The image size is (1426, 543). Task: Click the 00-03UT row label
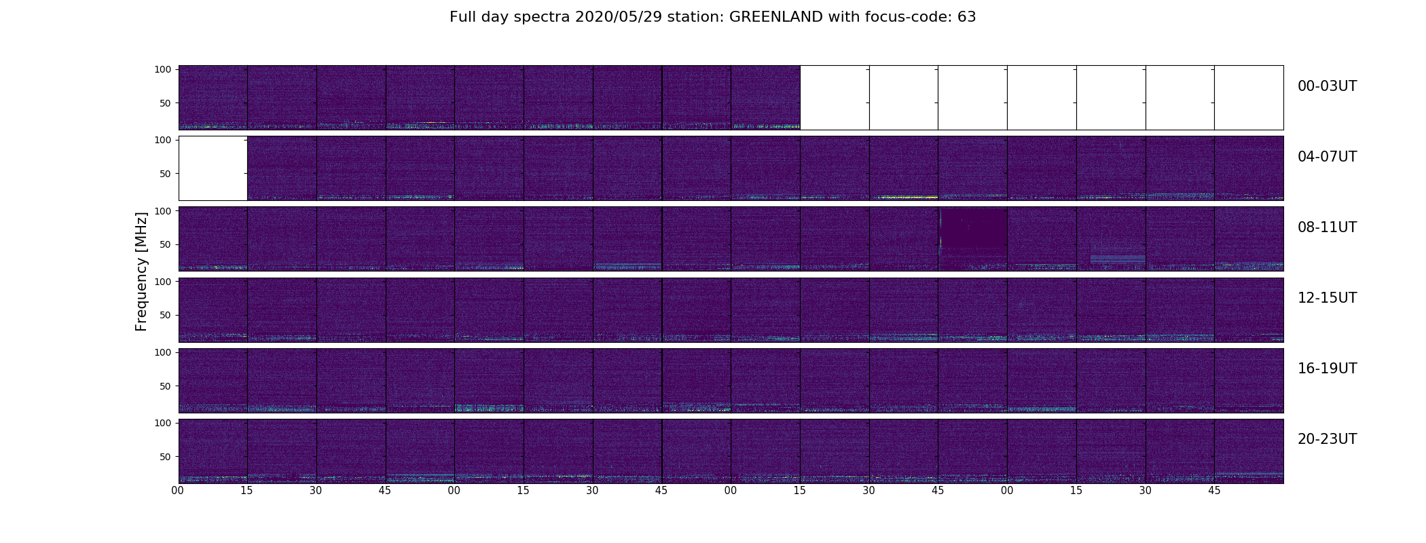point(1327,86)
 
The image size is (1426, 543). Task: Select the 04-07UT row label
point(1327,157)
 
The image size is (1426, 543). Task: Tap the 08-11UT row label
point(1327,227)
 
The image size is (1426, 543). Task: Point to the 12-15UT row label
point(1327,298)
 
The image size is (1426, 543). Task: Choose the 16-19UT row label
point(1327,369)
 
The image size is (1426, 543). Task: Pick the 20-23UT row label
point(1327,439)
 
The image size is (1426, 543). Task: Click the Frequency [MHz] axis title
point(141,271)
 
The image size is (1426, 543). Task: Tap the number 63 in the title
point(967,17)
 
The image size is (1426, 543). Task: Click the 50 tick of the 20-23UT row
point(165,457)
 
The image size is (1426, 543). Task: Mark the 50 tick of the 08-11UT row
point(165,244)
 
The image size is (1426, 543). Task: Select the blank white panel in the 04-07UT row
point(213,168)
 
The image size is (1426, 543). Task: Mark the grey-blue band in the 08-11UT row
point(1118,259)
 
